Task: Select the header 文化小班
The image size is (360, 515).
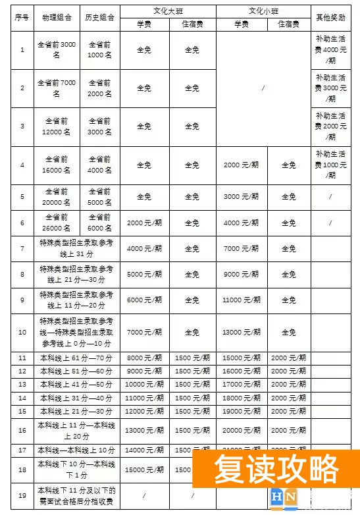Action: click(263, 11)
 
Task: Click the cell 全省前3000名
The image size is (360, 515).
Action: click(57, 50)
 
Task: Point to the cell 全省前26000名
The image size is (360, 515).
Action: click(57, 223)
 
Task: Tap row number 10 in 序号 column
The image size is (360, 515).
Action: click(22, 333)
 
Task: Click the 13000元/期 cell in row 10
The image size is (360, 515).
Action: click(240, 333)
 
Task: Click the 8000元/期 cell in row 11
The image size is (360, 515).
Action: click(144, 358)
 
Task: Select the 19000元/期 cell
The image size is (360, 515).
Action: click(240, 411)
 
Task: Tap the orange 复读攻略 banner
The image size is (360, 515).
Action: click(276, 470)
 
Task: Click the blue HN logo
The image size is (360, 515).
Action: click(284, 498)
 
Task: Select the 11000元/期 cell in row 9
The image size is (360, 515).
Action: click(240, 300)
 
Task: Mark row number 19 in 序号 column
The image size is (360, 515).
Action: click(22, 495)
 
